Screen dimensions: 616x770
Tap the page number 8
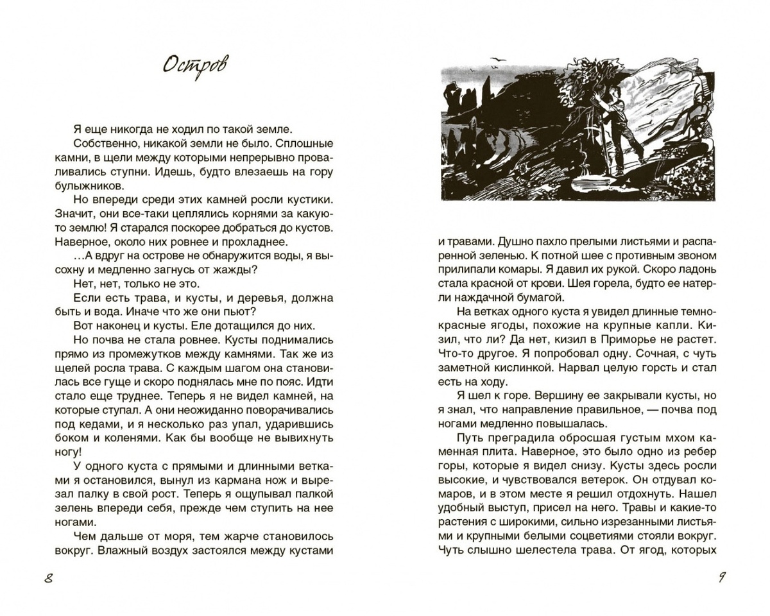(x=48, y=578)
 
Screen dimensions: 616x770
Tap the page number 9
(x=721, y=577)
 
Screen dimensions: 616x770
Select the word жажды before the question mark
(x=233, y=270)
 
